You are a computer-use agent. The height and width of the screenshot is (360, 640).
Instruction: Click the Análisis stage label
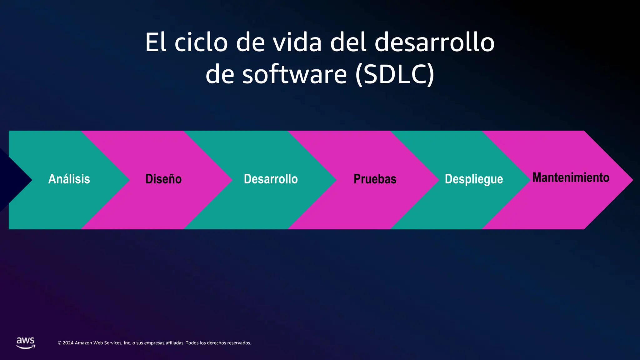coord(69,179)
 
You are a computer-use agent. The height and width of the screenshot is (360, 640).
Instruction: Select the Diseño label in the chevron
coord(163,179)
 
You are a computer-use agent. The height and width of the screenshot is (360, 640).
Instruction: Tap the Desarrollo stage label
coord(271,179)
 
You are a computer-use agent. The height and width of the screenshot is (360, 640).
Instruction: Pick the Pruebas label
coord(375,179)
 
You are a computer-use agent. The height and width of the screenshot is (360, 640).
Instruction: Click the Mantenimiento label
coord(571,177)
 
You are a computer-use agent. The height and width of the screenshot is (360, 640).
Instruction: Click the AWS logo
coord(26,342)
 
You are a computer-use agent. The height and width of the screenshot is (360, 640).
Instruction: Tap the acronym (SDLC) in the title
coord(395,74)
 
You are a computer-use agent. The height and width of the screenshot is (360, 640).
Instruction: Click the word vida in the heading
coord(297,42)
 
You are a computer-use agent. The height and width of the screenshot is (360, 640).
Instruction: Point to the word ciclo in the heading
coord(201,42)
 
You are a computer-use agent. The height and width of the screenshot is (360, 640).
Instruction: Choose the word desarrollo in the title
coord(434,42)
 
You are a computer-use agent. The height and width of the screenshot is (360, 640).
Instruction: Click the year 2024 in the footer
coord(68,343)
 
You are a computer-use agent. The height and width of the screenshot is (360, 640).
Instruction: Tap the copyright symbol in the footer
coord(59,343)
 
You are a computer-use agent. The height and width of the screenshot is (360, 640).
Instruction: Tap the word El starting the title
coord(155,42)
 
